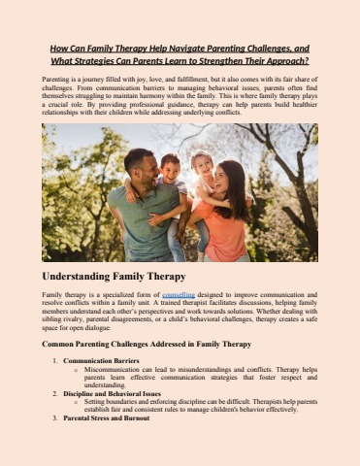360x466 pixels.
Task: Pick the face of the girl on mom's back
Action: [x=202, y=163]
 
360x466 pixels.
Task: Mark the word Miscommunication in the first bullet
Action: [x=115, y=369]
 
